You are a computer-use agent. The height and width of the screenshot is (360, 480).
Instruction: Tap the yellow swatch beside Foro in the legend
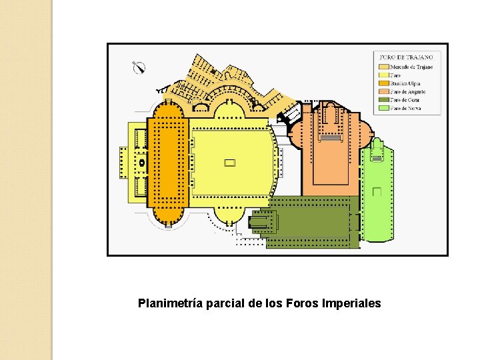(383, 75)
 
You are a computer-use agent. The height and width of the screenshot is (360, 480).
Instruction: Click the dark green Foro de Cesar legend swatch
(383, 99)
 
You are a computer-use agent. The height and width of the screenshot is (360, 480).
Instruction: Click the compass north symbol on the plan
(139, 67)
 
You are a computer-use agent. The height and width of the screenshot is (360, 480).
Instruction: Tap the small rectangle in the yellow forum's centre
(230, 162)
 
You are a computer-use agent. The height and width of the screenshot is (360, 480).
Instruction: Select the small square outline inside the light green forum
(377, 192)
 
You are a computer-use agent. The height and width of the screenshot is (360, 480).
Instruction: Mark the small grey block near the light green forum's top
(377, 159)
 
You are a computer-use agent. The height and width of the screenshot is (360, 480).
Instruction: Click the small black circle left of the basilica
(141, 162)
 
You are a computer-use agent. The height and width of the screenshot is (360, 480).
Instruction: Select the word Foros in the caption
(301, 303)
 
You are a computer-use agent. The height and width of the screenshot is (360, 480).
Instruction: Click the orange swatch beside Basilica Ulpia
(383, 83)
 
